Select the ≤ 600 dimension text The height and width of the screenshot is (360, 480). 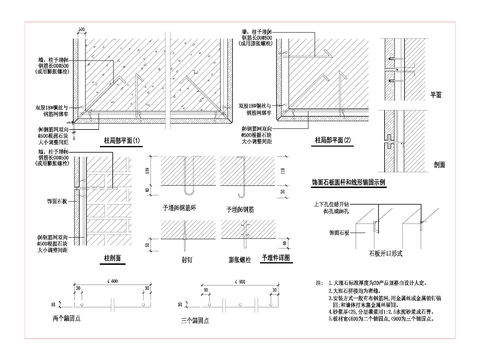(x=91, y=283)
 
